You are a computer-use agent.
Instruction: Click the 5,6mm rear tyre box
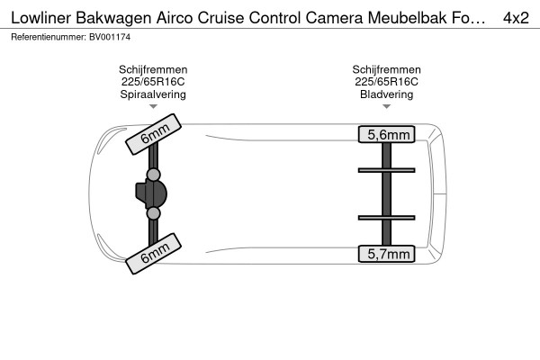386,134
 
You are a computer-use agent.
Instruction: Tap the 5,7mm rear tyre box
386,254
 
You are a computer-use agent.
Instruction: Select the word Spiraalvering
153,94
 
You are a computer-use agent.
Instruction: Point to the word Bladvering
386,94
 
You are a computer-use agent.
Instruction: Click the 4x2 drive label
516,18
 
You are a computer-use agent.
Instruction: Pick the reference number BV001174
110,37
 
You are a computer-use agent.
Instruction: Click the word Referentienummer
49,37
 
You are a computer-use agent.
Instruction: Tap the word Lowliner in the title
41,18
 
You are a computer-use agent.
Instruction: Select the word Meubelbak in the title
407,18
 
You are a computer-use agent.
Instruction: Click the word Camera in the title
334,18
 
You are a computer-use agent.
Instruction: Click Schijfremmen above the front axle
153,69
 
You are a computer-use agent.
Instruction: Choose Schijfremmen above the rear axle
386,69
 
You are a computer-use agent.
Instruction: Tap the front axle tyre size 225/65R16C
153,82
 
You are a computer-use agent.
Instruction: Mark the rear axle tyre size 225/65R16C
386,82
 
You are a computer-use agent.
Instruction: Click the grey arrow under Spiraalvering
153,106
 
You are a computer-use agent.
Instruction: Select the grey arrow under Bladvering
386,106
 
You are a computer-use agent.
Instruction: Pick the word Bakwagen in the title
113,18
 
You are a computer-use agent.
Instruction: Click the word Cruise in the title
220,18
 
